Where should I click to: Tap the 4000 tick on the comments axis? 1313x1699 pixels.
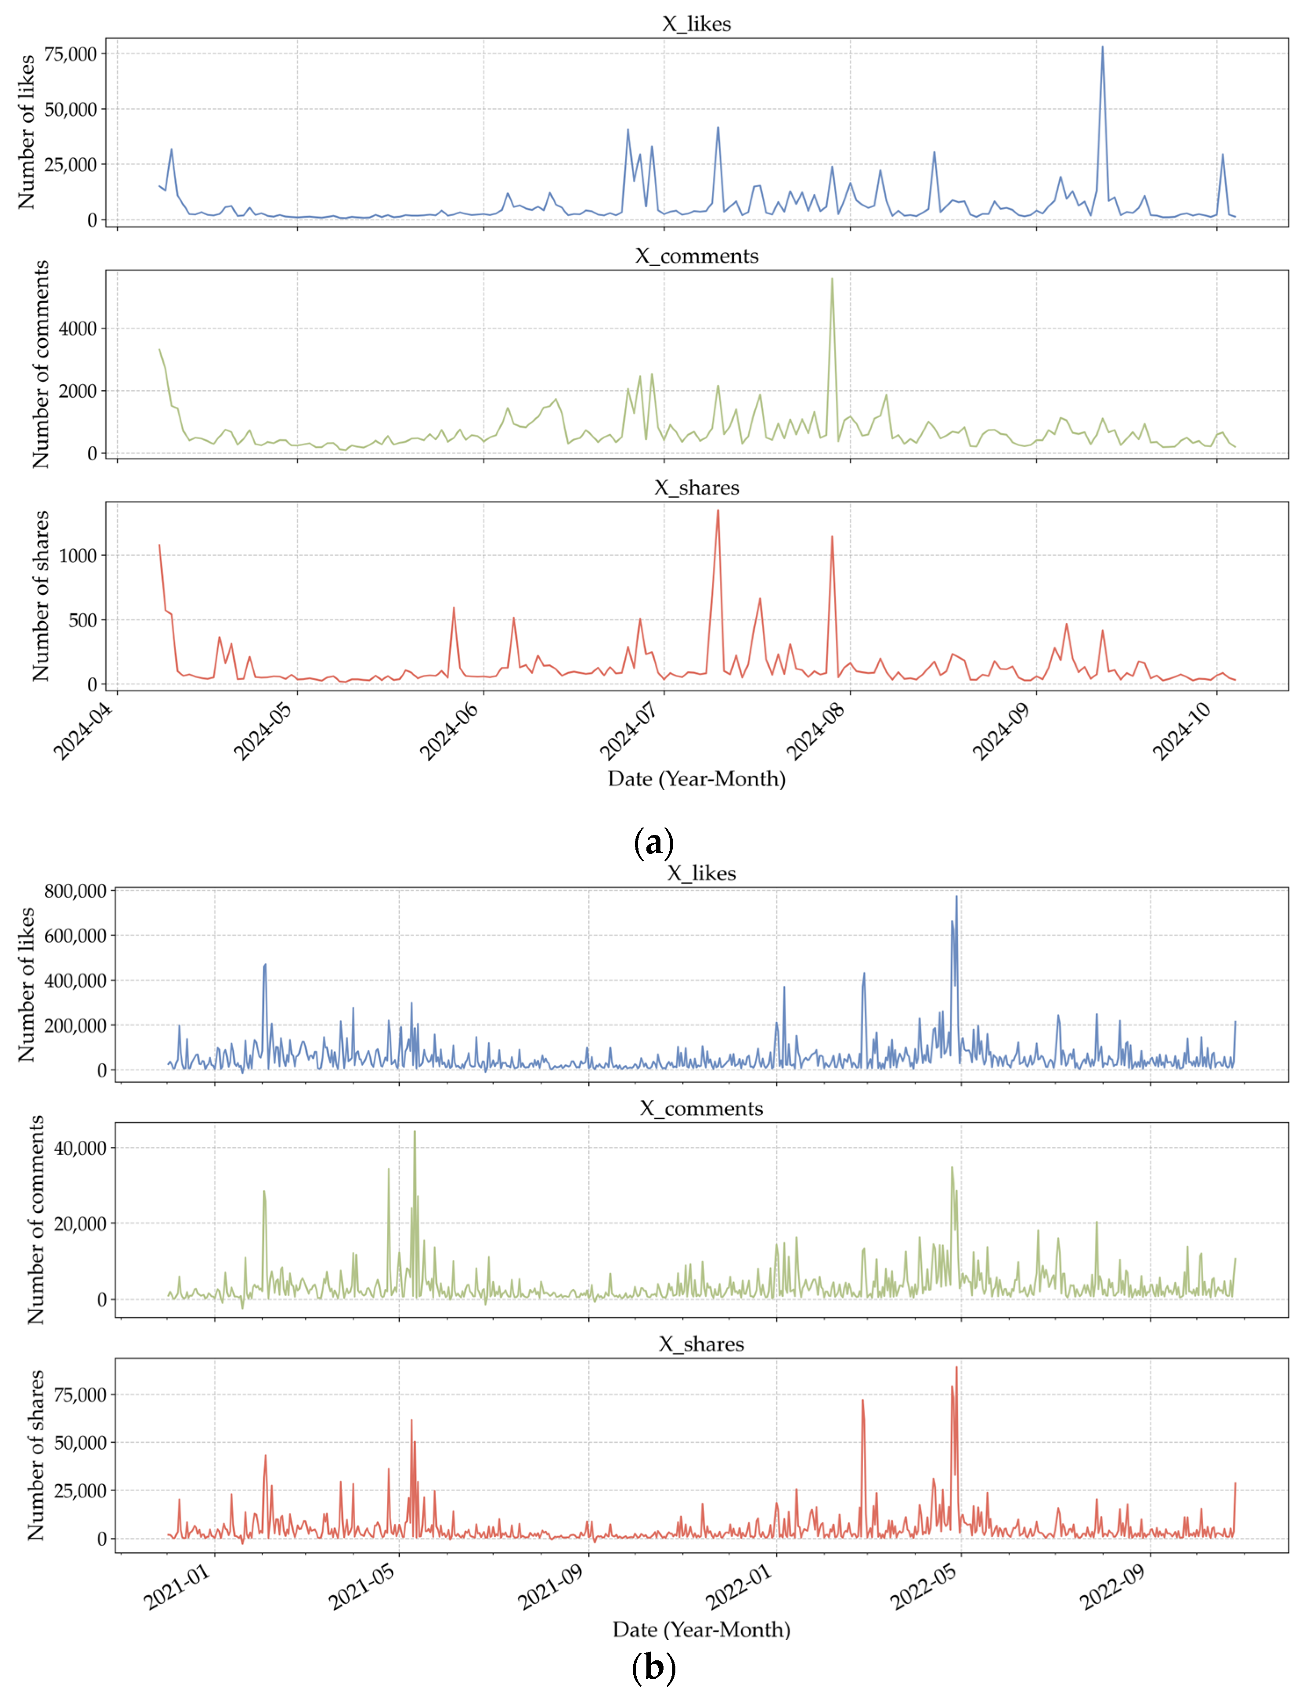78,329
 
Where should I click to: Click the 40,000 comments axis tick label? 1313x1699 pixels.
80,1147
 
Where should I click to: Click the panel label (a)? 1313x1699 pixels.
654,842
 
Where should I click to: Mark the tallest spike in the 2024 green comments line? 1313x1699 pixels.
832,278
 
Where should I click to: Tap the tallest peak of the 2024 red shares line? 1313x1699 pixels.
718,510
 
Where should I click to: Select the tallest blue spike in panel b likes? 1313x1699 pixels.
957,896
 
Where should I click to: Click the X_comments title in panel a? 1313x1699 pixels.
697,256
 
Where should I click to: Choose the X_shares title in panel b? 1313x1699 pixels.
702,1344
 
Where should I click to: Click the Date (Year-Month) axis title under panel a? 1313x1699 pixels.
697,779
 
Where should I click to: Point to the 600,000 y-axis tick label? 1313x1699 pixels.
75,936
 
